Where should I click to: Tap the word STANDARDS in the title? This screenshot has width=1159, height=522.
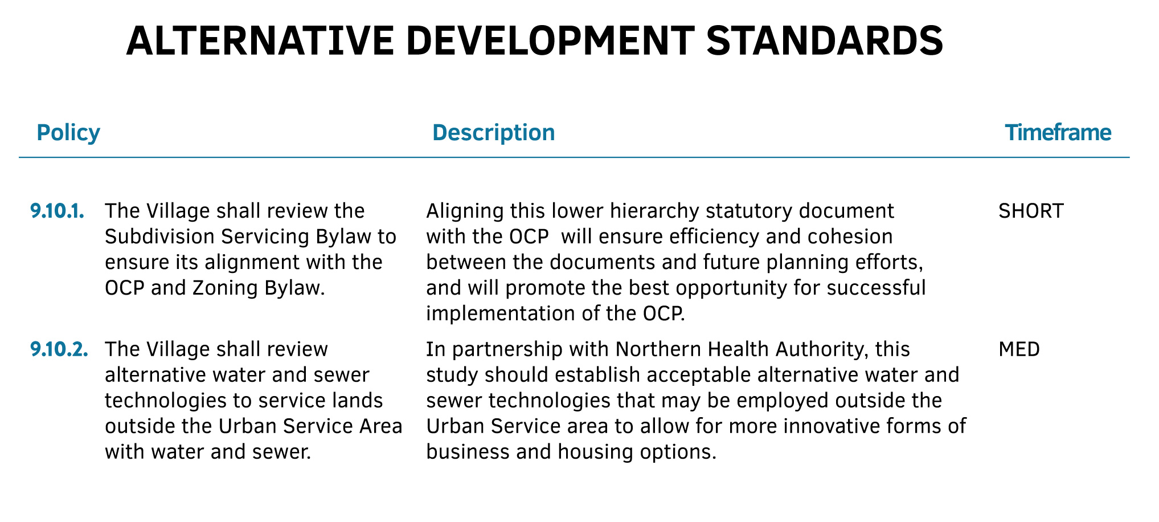pos(824,42)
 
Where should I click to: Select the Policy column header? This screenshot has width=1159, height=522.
pos(68,132)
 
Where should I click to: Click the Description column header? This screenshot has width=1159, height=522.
pos(493,133)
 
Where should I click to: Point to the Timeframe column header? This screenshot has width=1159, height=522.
pos(1058,132)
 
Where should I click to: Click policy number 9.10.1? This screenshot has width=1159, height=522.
pos(58,211)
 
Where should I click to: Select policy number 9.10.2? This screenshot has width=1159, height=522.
pos(59,349)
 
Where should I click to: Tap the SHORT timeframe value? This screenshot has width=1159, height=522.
pos(1031,211)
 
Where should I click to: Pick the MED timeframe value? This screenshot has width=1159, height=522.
pos(1019,349)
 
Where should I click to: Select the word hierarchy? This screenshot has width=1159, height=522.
pos(654,211)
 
